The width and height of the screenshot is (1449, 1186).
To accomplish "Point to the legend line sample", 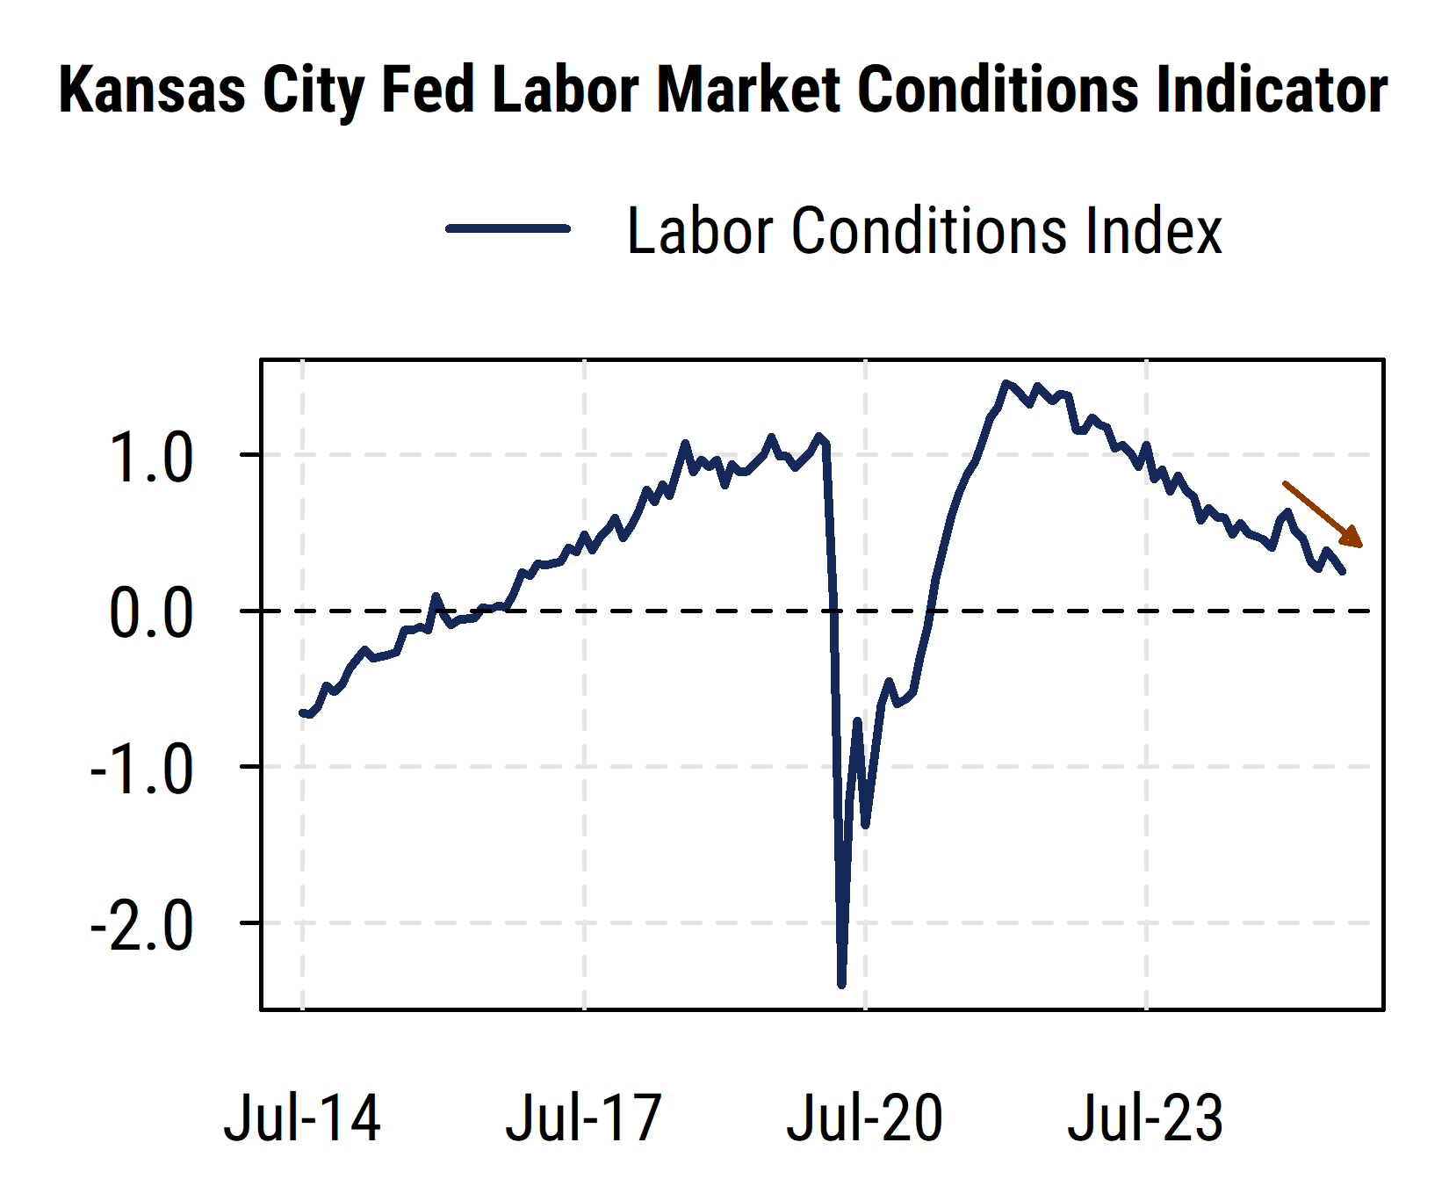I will (x=508, y=228).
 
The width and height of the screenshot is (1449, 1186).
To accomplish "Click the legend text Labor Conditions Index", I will (x=924, y=231).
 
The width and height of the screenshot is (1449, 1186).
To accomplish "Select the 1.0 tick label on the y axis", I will (x=150, y=458).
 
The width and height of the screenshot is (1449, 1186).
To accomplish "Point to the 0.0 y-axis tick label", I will (x=150, y=613).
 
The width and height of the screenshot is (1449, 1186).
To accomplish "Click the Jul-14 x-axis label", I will (x=302, y=1118).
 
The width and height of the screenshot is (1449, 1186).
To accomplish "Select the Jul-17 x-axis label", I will (x=583, y=1118).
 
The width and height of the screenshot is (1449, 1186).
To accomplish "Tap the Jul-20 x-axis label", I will (x=864, y=1118).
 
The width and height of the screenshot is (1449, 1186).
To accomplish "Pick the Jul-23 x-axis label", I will (x=1145, y=1118).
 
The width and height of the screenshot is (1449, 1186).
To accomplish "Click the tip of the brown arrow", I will (x=1361, y=546).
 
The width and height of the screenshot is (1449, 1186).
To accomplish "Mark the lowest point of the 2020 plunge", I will (x=841, y=985).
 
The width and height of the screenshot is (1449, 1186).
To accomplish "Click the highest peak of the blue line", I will (x=1006, y=383).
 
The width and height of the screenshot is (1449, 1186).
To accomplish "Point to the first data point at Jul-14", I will (x=302, y=712).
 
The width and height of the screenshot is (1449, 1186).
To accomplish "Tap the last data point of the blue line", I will (x=1343, y=572).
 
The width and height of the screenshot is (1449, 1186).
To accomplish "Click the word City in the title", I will (x=313, y=90).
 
